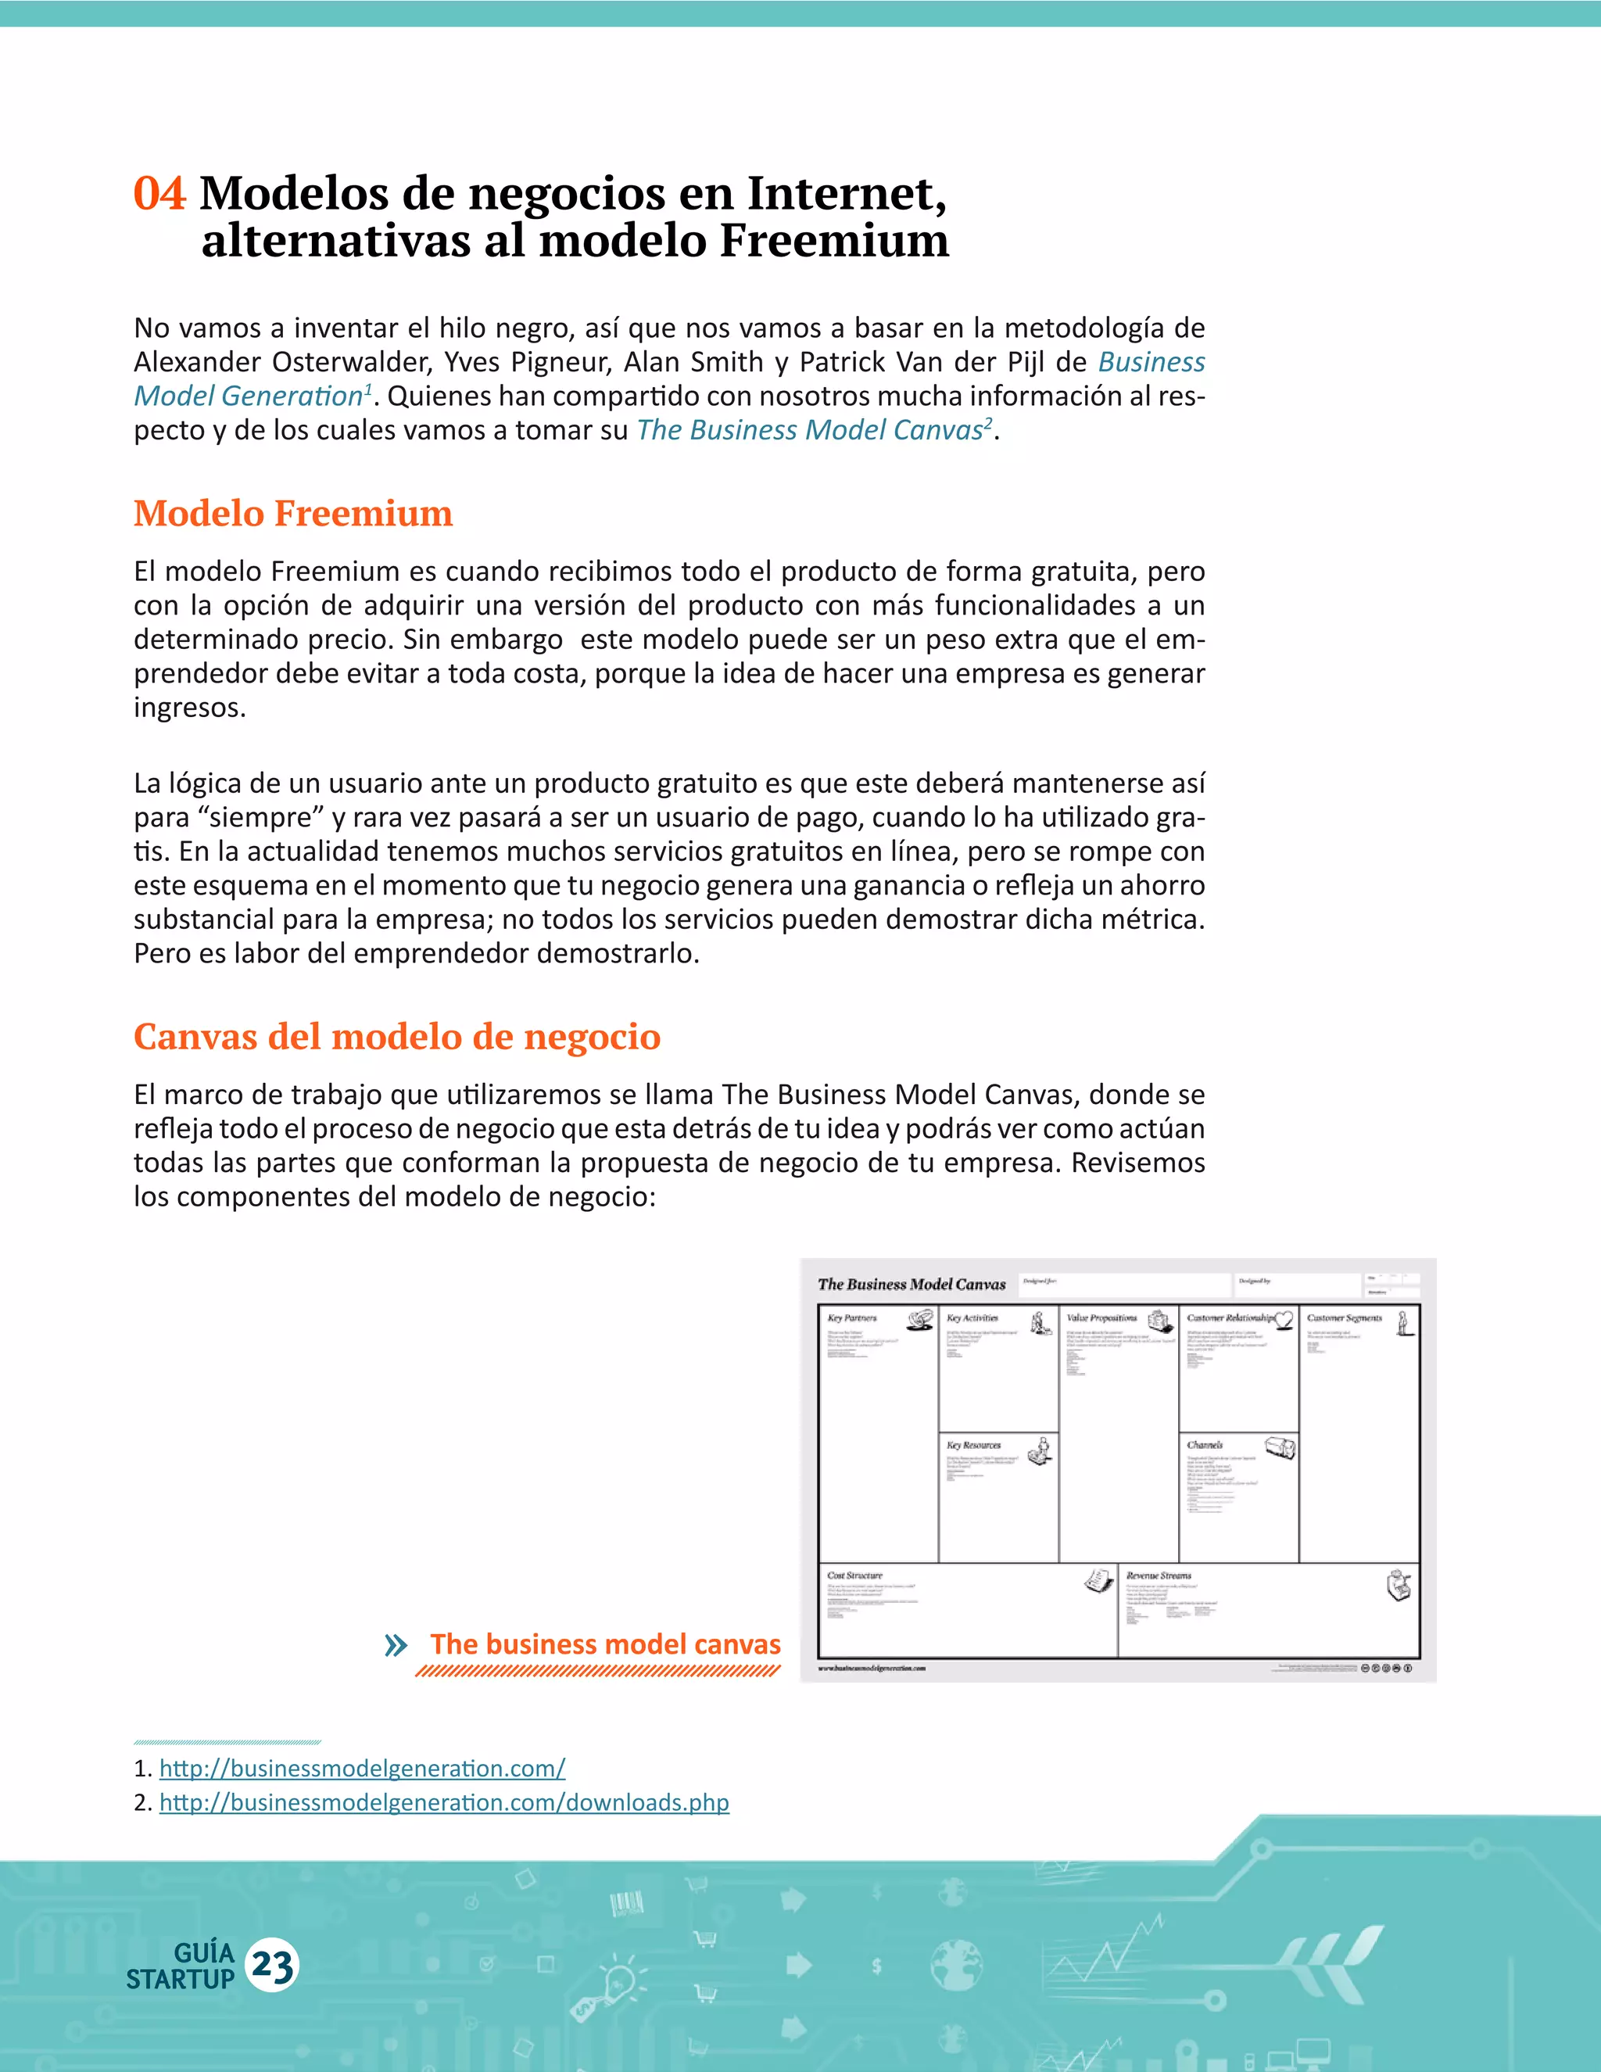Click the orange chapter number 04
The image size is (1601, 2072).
159,194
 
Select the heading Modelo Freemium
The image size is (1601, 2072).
293,513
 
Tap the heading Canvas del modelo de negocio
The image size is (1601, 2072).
396,1036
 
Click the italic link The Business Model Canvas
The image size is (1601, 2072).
811,430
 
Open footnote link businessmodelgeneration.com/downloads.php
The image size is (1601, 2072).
444,1801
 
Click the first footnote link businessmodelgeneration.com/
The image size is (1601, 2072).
362,1768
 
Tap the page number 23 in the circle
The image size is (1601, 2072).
272,1965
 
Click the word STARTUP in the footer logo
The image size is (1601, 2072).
181,1979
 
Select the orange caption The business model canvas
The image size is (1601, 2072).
605,1644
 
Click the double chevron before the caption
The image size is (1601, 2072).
396,1645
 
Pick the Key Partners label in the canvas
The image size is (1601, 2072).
852,1317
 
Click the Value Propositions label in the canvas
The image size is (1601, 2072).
1101,1317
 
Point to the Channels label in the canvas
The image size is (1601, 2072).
1205,1445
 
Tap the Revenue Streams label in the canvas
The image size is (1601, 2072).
1158,1575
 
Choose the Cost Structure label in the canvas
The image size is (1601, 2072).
854,1575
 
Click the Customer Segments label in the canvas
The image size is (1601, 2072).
1344,1317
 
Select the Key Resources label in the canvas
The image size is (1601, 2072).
973,1445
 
